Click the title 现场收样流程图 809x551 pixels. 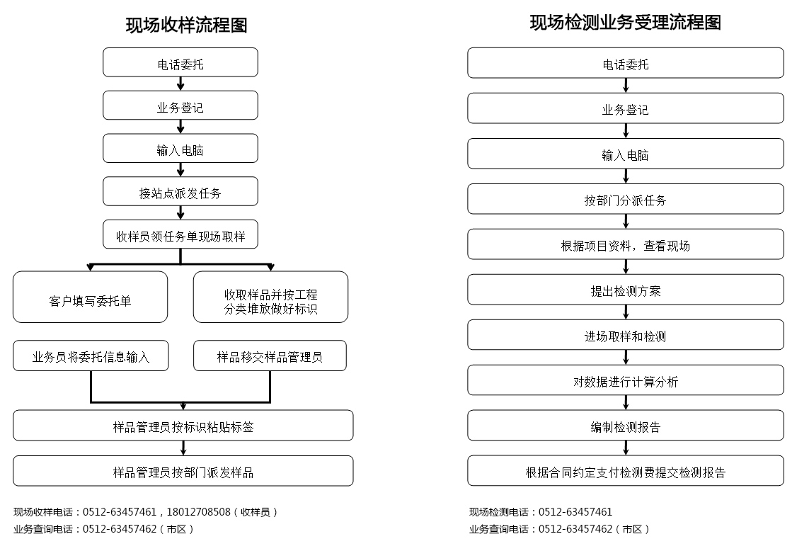tap(186, 25)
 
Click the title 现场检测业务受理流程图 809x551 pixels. tap(625, 22)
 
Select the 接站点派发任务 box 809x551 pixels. tap(180, 192)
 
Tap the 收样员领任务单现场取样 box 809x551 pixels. tap(180, 234)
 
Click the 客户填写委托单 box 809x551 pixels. tap(91, 297)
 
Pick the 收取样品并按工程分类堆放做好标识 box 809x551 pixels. tap(270, 297)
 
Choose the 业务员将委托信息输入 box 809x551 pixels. tap(91, 356)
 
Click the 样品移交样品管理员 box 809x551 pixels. tap(270, 356)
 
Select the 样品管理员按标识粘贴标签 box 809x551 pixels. tap(183, 426)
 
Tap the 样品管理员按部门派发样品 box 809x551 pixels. tap(183, 471)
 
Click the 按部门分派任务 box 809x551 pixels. tap(625, 199)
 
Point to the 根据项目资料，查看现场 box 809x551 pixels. tap(625, 244)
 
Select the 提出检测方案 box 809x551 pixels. tap(625, 290)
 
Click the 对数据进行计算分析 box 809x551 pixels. tap(625, 380)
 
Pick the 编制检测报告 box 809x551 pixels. tap(625, 426)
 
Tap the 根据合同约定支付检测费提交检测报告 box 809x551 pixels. tap(625, 471)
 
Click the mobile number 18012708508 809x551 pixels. tap(199, 512)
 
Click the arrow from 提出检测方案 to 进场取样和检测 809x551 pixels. tap(626, 312)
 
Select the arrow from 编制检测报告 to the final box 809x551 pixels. tap(626, 448)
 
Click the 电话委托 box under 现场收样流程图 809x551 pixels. tap(180, 62)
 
